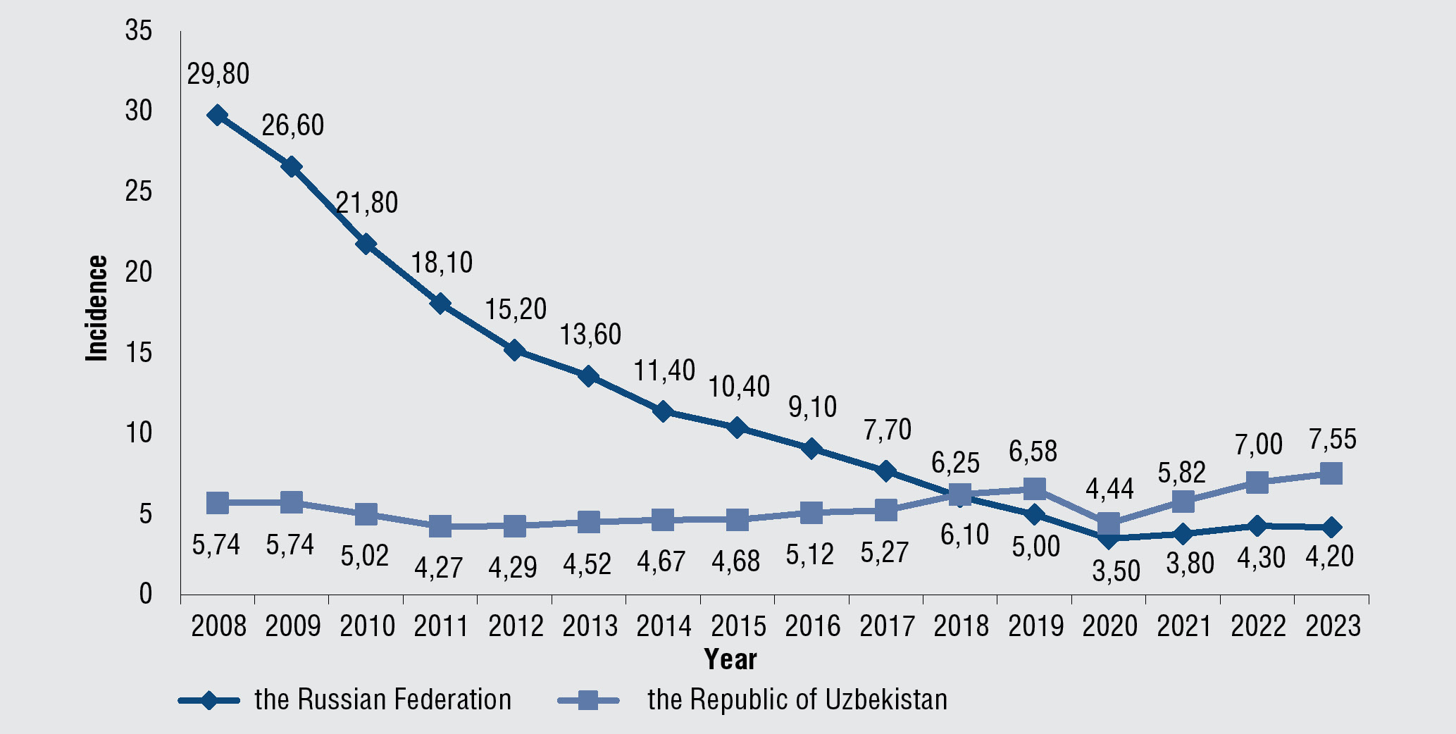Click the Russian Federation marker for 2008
pos(218,116)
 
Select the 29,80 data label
pos(218,74)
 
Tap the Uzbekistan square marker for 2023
pos(1331,473)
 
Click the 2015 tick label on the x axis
pos(738,626)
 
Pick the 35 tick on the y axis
pos(139,31)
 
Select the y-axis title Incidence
pos(97,309)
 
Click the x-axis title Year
pos(730,659)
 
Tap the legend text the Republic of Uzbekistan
pos(797,699)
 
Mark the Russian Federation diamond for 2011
pos(440,304)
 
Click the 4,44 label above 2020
pos(1109,488)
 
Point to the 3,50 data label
pos(1116,571)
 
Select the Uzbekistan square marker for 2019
pos(1034,488)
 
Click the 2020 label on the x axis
pos(1109,626)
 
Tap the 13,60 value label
pos(590,334)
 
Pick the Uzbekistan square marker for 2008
pos(218,502)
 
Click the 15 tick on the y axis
pos(139,352)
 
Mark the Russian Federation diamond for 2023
pos(1331,527)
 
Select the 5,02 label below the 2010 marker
pos(365,556)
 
